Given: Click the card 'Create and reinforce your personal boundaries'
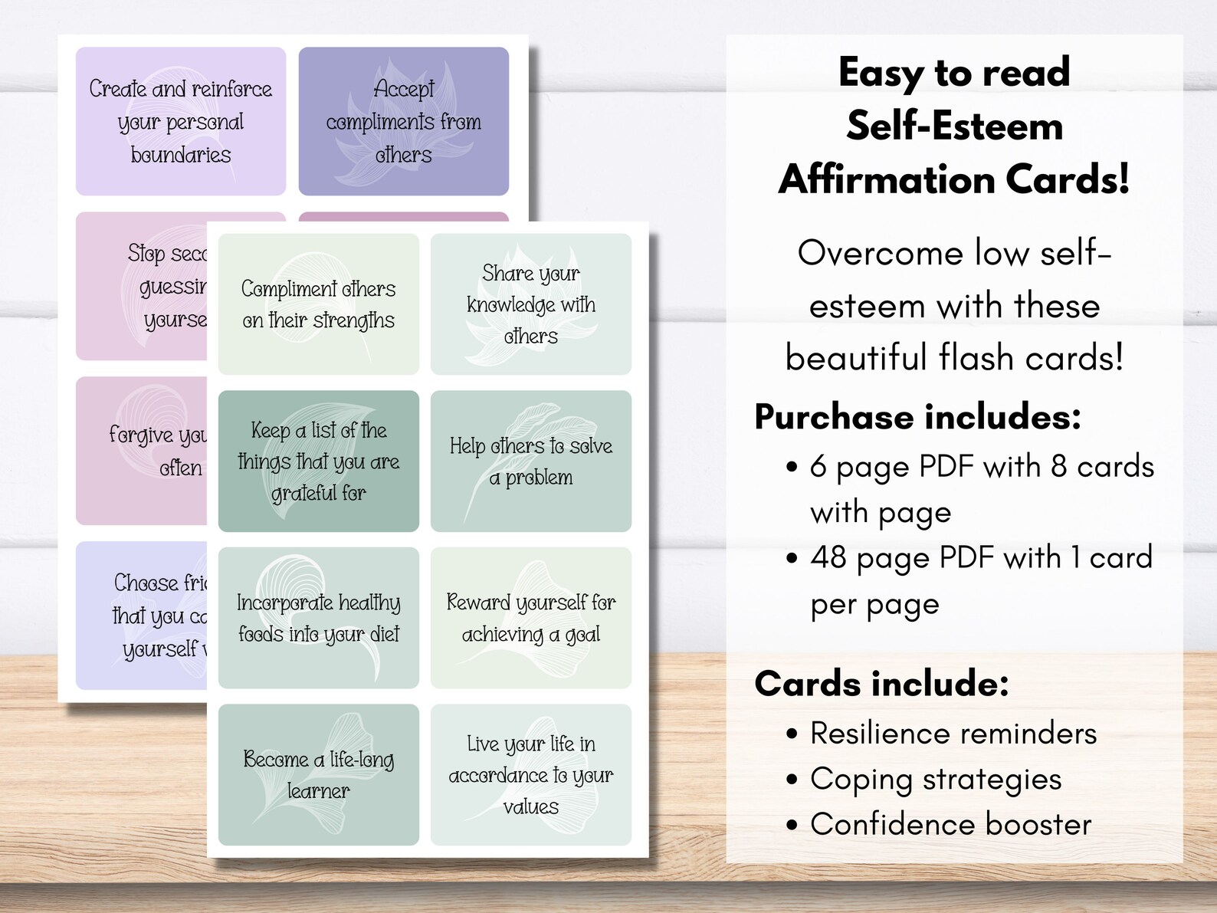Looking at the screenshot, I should point(181,121).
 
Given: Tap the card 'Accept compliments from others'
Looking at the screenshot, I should point(403,121).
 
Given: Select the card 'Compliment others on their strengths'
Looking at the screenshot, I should point(318,304).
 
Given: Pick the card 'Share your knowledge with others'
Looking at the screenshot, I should point(530,304).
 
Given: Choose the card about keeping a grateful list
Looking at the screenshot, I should point(318,461).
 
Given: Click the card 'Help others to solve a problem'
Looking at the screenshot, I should point(530,461).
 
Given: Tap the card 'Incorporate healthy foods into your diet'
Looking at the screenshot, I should point(318,618).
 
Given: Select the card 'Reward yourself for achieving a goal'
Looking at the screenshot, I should point(530,618).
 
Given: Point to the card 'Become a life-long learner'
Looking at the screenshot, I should point(318,774).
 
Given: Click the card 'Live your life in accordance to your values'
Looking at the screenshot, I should point(530,774).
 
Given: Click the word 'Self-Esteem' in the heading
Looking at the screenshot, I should point(954,126).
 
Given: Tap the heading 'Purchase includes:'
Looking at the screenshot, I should point(917,417).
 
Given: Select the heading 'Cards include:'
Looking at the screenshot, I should point(881,683).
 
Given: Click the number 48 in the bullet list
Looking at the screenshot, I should point(828,558).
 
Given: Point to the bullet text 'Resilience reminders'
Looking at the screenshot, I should point(953,734).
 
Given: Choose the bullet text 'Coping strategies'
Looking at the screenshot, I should point(936,779).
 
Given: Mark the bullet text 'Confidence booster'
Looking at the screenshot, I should point(950,825).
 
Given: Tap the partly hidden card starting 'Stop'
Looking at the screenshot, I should point(142,286).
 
